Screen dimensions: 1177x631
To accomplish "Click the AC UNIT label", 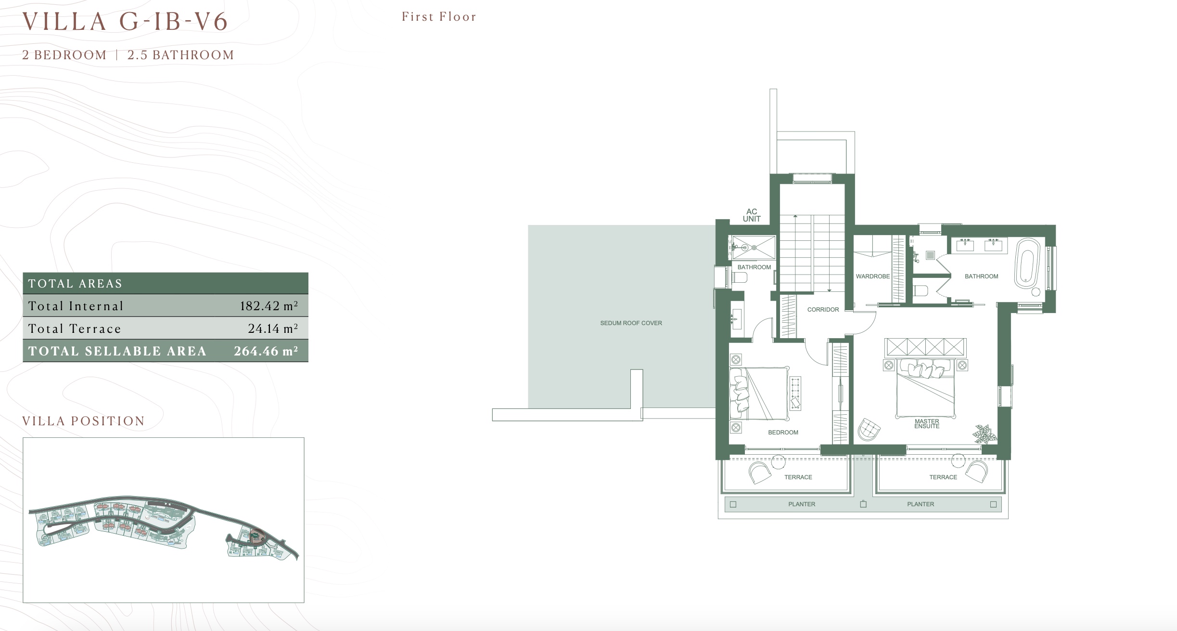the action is pyautogui.click(x=752, y=215).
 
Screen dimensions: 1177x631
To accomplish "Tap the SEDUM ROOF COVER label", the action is pyautogui.click(x=631, y=323).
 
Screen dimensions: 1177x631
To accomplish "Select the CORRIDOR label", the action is pyautogui.click(x=823, y=310).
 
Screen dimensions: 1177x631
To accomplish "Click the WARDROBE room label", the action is pyautogui.click(x=872, y=276).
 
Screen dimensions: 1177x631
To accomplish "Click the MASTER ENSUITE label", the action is pyautogui.click(x=927, y=424).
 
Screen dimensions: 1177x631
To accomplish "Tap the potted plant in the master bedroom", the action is pyautogui.click(x=985, y=434).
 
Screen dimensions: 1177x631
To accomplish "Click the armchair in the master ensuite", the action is pyautogui.click(x=869, y=429).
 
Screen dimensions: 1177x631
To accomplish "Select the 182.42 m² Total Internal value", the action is pyautogui.click(x=269, y=306).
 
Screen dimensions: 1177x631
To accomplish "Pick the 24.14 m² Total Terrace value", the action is pyautogui.click(x=273, y=329).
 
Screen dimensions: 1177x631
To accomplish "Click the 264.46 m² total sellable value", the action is pyautogui.click(x=266, y=351).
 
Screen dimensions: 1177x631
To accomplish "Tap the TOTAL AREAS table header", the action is pyautogui.click(x=75, y=284).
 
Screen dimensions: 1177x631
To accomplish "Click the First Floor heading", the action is pyautogui.click(x=439, y=17).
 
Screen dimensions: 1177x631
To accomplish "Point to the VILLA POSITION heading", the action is pyautogui.click(x=84, y=421).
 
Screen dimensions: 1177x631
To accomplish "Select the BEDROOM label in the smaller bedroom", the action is pyautogui.click(x=783, y=433).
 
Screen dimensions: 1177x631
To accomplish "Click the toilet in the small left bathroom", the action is pyautogui.click(x=740, y=277).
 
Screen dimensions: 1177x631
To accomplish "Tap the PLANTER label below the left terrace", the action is pyautogui.click(x=802, y=504).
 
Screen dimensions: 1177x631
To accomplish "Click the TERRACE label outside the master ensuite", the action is pyautogui.click(x=943, y=477).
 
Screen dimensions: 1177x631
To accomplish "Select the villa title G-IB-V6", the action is pyautogui.click(x=174, y=22).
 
